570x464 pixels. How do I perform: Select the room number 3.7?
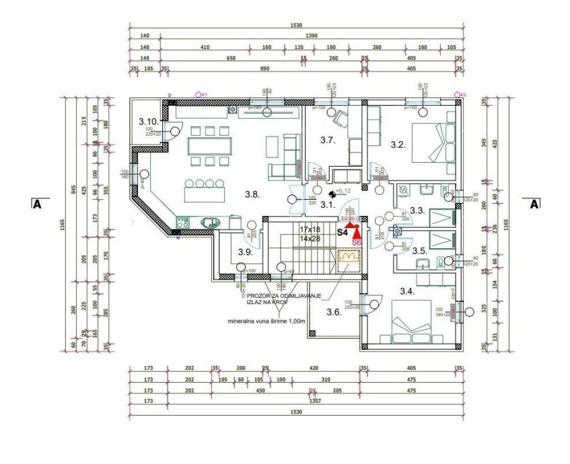click(327, 141)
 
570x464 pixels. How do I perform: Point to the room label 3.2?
click(397, 144)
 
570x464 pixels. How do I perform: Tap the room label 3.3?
click(418, 210)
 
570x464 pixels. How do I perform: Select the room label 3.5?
click(419, 251)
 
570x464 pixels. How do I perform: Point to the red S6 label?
click(357, 241)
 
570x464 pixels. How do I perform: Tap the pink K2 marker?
click(460, 95)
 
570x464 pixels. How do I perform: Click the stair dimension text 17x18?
click(311, 229)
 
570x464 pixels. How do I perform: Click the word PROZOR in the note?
click(260, 296)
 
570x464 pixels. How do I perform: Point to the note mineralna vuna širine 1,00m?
click(267, 321)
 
